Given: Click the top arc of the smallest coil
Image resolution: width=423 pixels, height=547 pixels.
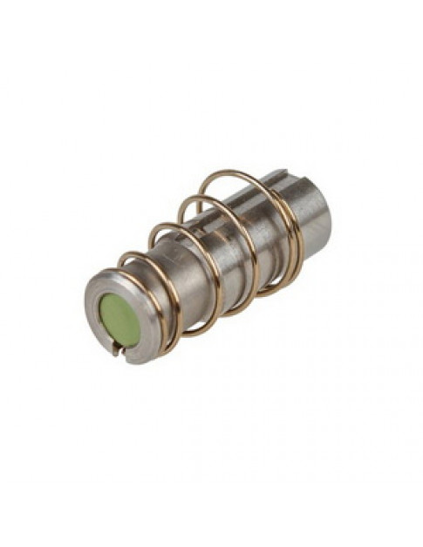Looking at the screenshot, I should tap(131, 255).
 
